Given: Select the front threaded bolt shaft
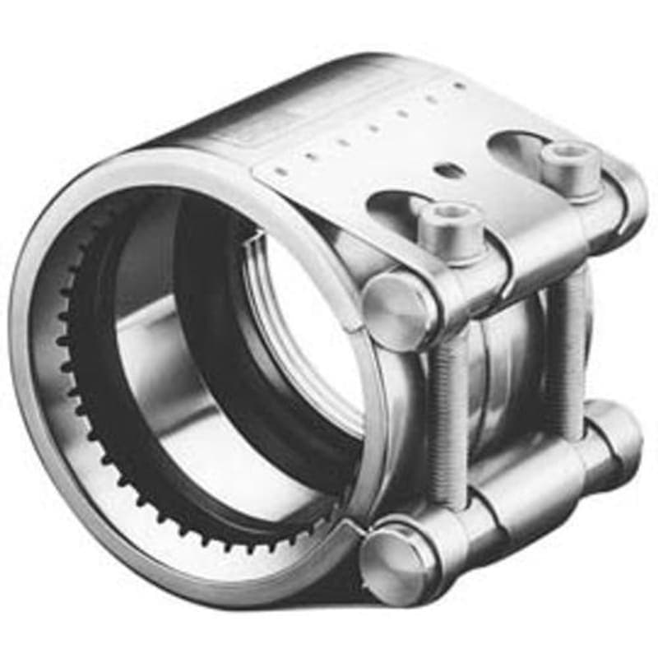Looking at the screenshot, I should point(450,411).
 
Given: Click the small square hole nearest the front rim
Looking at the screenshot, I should point(280,172).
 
